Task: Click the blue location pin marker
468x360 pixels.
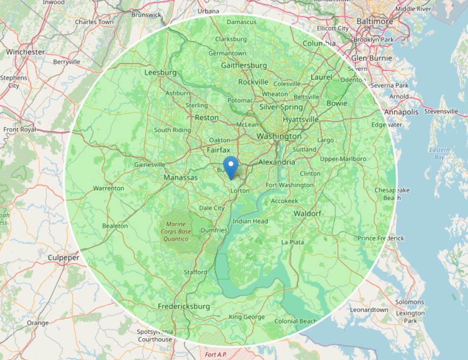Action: (x=231, y=166)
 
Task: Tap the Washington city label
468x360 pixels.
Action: (x=279, y=136)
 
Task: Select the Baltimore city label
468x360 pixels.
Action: (x=375, y=22)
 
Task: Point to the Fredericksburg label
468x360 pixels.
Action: (x=184, y=307)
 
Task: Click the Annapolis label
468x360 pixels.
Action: (x=401, y=112)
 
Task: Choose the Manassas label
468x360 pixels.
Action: (x=181, y=178)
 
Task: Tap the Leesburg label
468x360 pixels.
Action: (x=160, y=73)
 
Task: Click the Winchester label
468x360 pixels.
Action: (x=25, y=52)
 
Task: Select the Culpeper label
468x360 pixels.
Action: (x=64, y=258)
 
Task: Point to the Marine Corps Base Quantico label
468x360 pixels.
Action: (x=176, y=232)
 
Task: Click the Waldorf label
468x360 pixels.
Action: (x=308, y=213)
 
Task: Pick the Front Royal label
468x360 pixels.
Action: (x=20, y=130)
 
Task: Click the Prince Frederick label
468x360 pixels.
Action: (x=381, y=238)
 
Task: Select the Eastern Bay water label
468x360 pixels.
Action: (x=439, y=154)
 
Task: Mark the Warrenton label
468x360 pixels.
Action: (x=109, y=188)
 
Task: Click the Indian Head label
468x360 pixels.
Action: (x=250, y=221)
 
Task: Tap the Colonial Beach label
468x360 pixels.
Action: (x=296, y=321)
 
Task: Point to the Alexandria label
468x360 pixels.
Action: (x=276, y=162)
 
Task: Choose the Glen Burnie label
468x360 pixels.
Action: (x=372, y=58)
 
